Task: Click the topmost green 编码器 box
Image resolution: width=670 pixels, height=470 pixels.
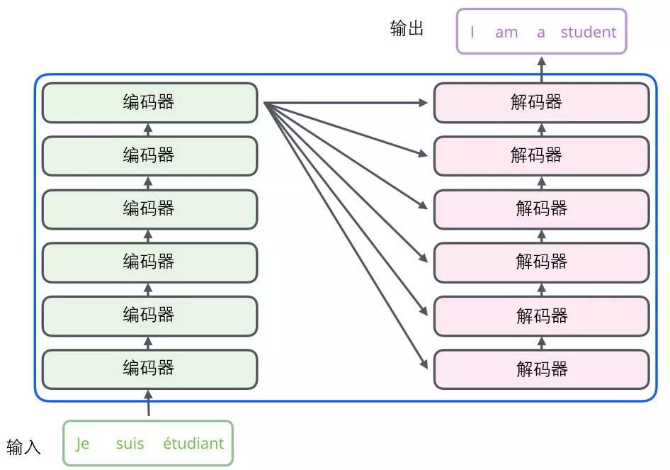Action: tap(149, 103)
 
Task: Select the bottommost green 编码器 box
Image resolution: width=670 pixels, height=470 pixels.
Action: tap(149, 369)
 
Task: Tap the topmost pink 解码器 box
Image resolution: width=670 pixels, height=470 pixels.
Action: tap(541, 103)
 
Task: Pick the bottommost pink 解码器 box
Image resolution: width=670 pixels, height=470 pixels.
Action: tap(541, 369)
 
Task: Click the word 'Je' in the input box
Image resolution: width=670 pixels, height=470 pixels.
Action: tap(83, 444)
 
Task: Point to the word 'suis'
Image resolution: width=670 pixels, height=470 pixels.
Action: tap(130, 444)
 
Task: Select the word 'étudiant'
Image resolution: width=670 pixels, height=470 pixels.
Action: tap(193, 444)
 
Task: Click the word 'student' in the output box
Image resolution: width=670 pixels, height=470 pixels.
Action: tap(588, 32)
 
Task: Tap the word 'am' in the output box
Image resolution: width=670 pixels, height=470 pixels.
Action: tap(506, 32)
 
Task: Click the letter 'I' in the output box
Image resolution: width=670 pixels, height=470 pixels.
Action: tap(472, 32)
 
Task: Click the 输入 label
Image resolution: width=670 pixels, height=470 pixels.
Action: tap(23, 447)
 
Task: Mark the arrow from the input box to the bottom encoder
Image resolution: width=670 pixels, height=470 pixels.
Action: tap(149, 403)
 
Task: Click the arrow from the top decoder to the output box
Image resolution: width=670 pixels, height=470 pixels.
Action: tap(542, 68)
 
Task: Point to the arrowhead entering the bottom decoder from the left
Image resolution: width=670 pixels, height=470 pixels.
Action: tap(424, 365)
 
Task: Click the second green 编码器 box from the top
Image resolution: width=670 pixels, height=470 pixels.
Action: tap(149, 156)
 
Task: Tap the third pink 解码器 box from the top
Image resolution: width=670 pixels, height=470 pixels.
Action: tap(541, 209)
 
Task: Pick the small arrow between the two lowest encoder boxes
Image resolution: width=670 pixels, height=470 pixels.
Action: tap(149, 342)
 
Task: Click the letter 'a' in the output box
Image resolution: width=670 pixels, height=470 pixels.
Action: tap(541, 32)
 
